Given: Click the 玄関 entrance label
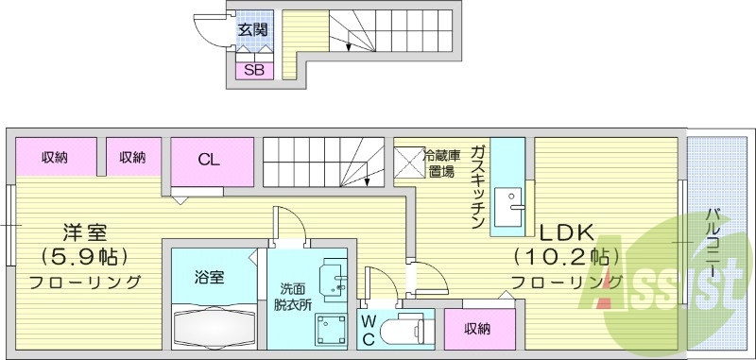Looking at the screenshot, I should pos(252,30).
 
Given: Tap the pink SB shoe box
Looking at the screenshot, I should pos(253,69).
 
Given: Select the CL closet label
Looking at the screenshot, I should pos(209,159).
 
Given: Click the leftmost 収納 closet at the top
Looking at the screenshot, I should pos(55,157).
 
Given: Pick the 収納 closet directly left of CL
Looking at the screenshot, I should pos(132,157).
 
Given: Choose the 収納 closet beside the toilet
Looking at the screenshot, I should pos(477,329).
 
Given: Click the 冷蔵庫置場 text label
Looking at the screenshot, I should pos(440,163).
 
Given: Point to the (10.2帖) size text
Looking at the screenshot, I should pos(567,256).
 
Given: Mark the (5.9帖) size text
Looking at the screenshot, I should pos(85,256).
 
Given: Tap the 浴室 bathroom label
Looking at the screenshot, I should pos(210,277).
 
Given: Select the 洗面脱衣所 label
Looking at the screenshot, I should pos(292,299).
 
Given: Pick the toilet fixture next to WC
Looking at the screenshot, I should pos(409,328).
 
